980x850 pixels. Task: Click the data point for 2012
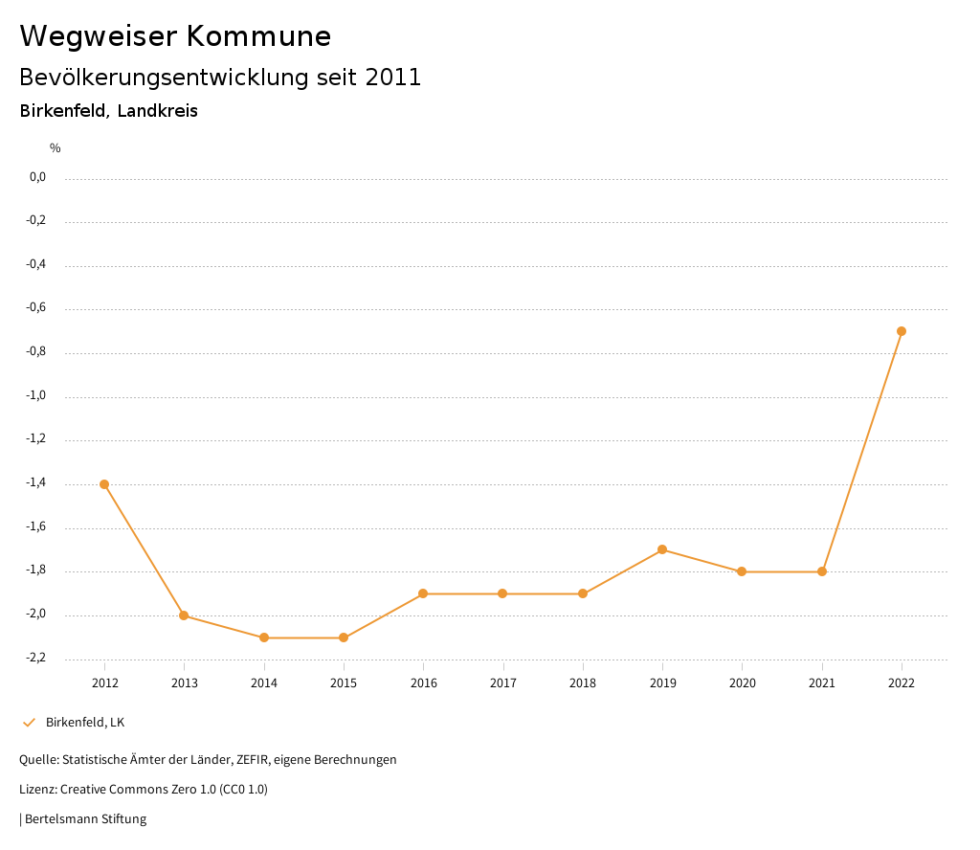pos(104,484)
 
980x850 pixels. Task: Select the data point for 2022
pos(902,331)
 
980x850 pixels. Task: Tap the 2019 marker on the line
pos(662,549)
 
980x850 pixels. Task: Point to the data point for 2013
pos(184,615)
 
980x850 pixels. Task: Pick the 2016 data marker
pos(423,593)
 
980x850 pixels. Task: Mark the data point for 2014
pos(264,637)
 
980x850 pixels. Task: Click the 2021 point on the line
pos(822,571)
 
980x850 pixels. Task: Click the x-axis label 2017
pos(503,682)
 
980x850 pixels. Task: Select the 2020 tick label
pos(743,682)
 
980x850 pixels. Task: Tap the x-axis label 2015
pos(344,682)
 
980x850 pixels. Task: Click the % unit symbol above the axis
pos(56,148)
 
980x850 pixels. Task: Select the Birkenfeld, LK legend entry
pos(85,722)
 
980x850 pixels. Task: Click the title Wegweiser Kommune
pos(175,36)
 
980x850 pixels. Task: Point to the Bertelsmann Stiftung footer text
pos(85,818)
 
